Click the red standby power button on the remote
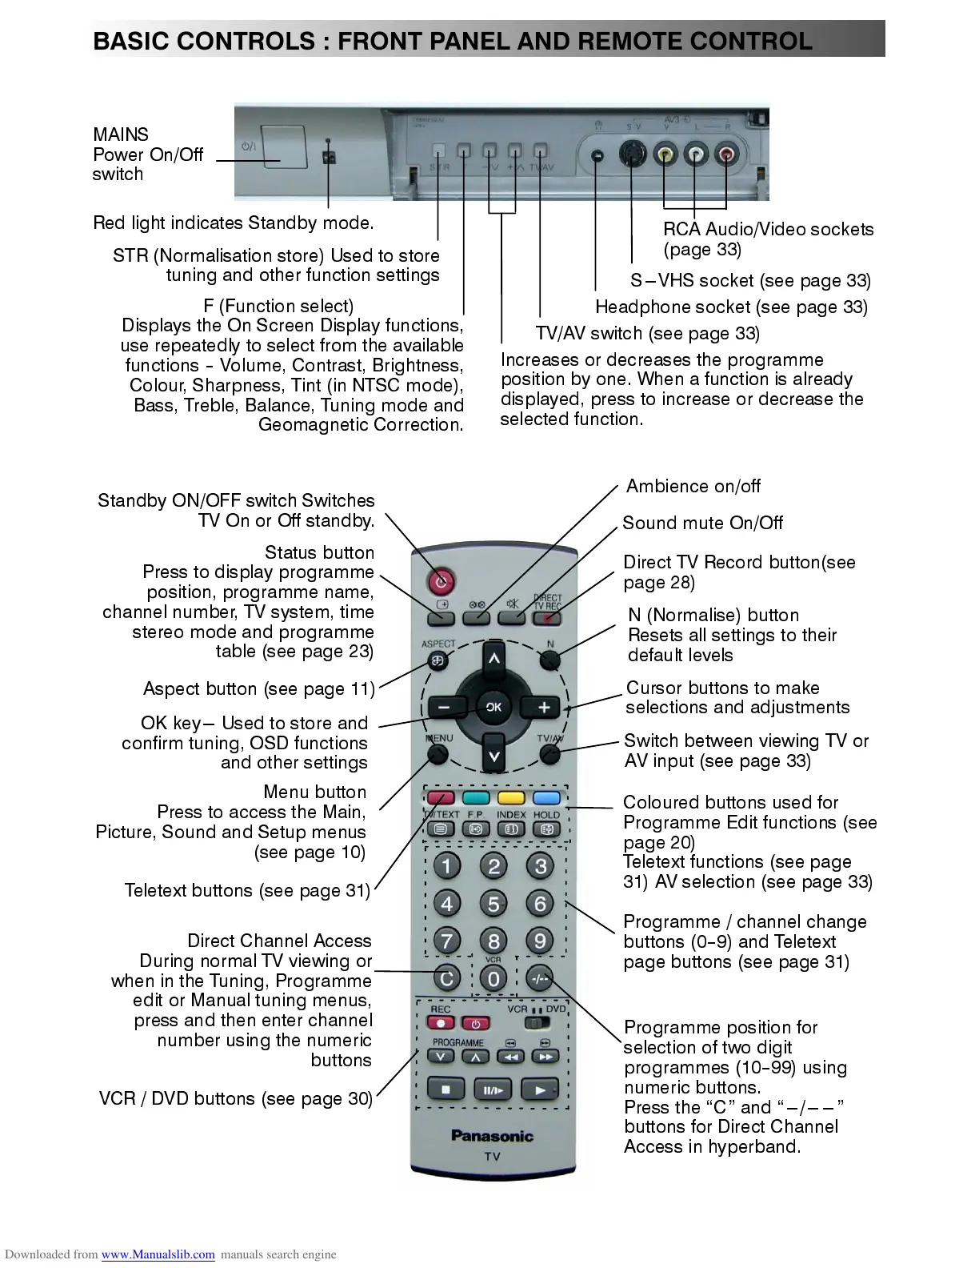point(441,580)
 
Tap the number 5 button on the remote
point(493,904)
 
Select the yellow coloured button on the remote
point(510,798)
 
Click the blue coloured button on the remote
point(546,798)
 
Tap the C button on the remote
point(447,977)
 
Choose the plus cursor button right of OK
point(544,708)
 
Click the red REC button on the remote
point(441,1024)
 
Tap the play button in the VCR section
point(540,1089)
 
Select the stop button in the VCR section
point(446,1089)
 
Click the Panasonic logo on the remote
point(492,1135)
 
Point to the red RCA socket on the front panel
point(725,154)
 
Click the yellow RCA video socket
point(665,154)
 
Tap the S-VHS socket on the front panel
point(633,154)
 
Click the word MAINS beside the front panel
point(121,134)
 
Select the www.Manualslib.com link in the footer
point(158,1254)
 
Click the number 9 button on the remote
point(540,941)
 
